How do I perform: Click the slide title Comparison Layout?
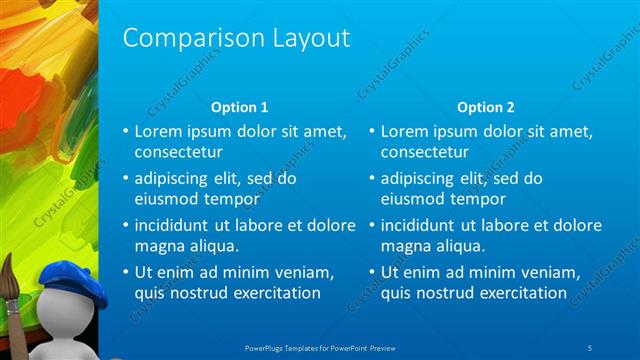click(x=236, y=38)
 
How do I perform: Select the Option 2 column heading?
click(x=485, y=107)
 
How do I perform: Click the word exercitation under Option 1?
click(x=275, y=293)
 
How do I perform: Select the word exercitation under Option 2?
click(x=522, y=293)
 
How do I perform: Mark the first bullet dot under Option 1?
click(x=125, y=131)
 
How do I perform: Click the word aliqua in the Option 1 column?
click(x=210, y=245)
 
